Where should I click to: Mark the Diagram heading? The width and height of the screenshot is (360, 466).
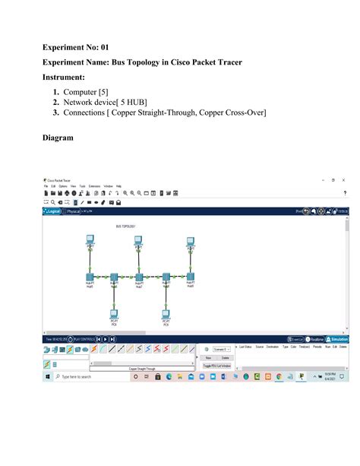coord(58,138)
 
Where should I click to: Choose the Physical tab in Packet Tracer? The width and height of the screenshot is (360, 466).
coord(74,212)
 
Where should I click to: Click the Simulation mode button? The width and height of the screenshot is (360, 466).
coord(338,339)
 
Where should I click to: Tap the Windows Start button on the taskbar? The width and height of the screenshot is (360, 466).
coord(47,376)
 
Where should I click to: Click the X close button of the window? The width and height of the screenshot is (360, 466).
coord(343,179)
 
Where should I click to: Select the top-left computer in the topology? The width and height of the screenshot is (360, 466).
coord(90,242)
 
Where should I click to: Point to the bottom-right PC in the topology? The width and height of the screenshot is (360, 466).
coord(166,313)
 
